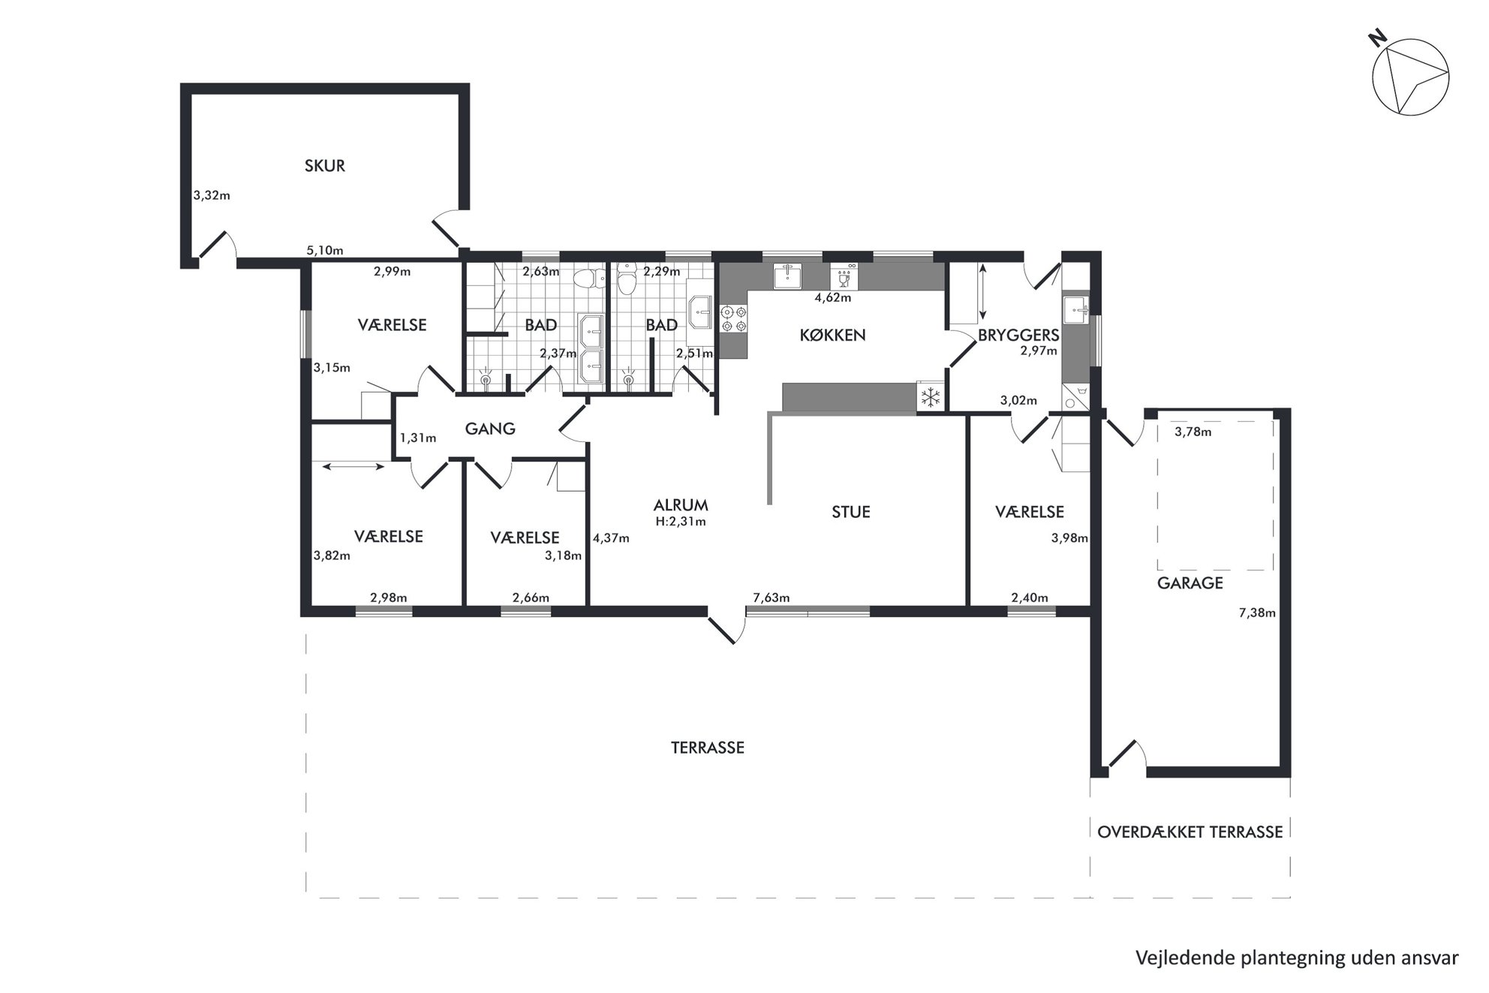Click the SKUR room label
[x=324, y=166]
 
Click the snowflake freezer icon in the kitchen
[x=930, y=396]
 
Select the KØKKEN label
[x=832, y=335]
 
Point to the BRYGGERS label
[x=1018, y=336]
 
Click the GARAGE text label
[x=1190, y=583]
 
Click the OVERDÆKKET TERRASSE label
[x=1190, y=832]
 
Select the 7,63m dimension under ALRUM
[x=772, y=597]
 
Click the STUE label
[x=850, y=512]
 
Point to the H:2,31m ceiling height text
[x=680, y=522]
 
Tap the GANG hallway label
[x=490, y=429]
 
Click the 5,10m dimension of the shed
[x=325, y=251]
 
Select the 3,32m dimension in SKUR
[x=212, y=196]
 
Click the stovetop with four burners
[x=733, y=319]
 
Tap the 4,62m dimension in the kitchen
[x=833, y=297]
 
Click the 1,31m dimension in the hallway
[x=417, y=438]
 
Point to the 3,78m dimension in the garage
[x=1193, y=432]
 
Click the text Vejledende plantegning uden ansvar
[x=1297, y=958]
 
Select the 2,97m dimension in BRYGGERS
[x=1039, y=351]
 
